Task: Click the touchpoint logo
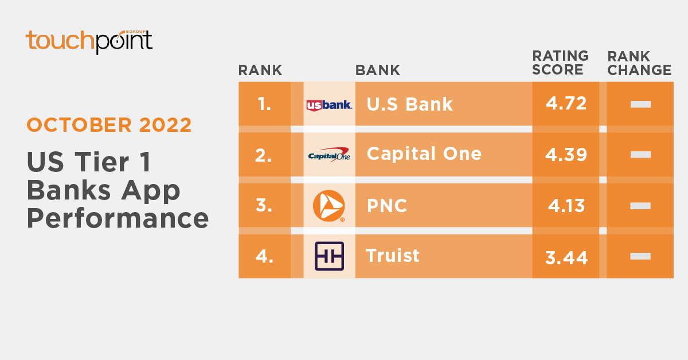[89, 42]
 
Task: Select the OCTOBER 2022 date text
[110, 125]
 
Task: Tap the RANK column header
[260, 71]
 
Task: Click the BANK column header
[378, 71]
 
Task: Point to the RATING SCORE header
[560, 62]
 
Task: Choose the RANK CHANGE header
[639, 63]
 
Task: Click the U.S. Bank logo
[329, 105]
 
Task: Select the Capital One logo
[329, 155]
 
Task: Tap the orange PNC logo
[329, 206]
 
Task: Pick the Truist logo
[329, 256]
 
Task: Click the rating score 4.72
[566, 104]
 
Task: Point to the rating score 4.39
[566, 155]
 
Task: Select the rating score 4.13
[566, 206]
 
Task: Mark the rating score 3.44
[566, 258]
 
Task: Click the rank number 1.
[264, 104]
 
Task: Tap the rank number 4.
[264, 256]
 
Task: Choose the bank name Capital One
[424, 154]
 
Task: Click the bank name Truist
[393, 256]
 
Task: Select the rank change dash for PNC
[640, 206]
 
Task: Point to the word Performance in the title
[118, 218]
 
